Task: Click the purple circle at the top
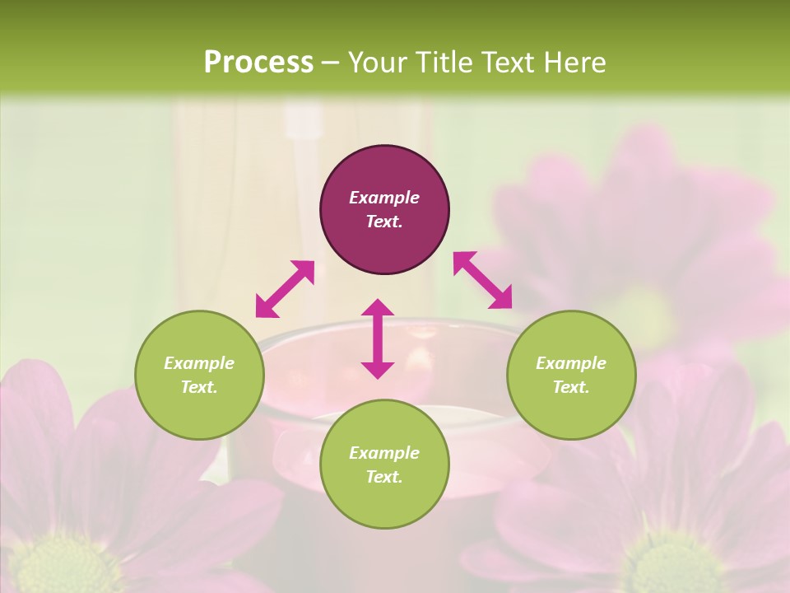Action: [384, 209]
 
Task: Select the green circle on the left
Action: [199, 375]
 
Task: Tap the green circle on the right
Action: [571, 375]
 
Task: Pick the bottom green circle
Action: [384, 465]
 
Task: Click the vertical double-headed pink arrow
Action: [378, 339]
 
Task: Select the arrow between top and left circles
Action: [285, 289]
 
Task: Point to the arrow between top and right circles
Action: [483, 280]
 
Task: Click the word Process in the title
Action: [258, 62]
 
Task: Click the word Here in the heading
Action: [575, 62]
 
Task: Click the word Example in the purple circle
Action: [384, 198]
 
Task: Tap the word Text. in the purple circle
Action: [384, 222]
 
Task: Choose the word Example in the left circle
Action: [199, 363]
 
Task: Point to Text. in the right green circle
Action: [571, 387]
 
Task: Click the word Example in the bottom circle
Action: [384, 453]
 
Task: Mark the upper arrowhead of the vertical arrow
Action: [378, 307]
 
